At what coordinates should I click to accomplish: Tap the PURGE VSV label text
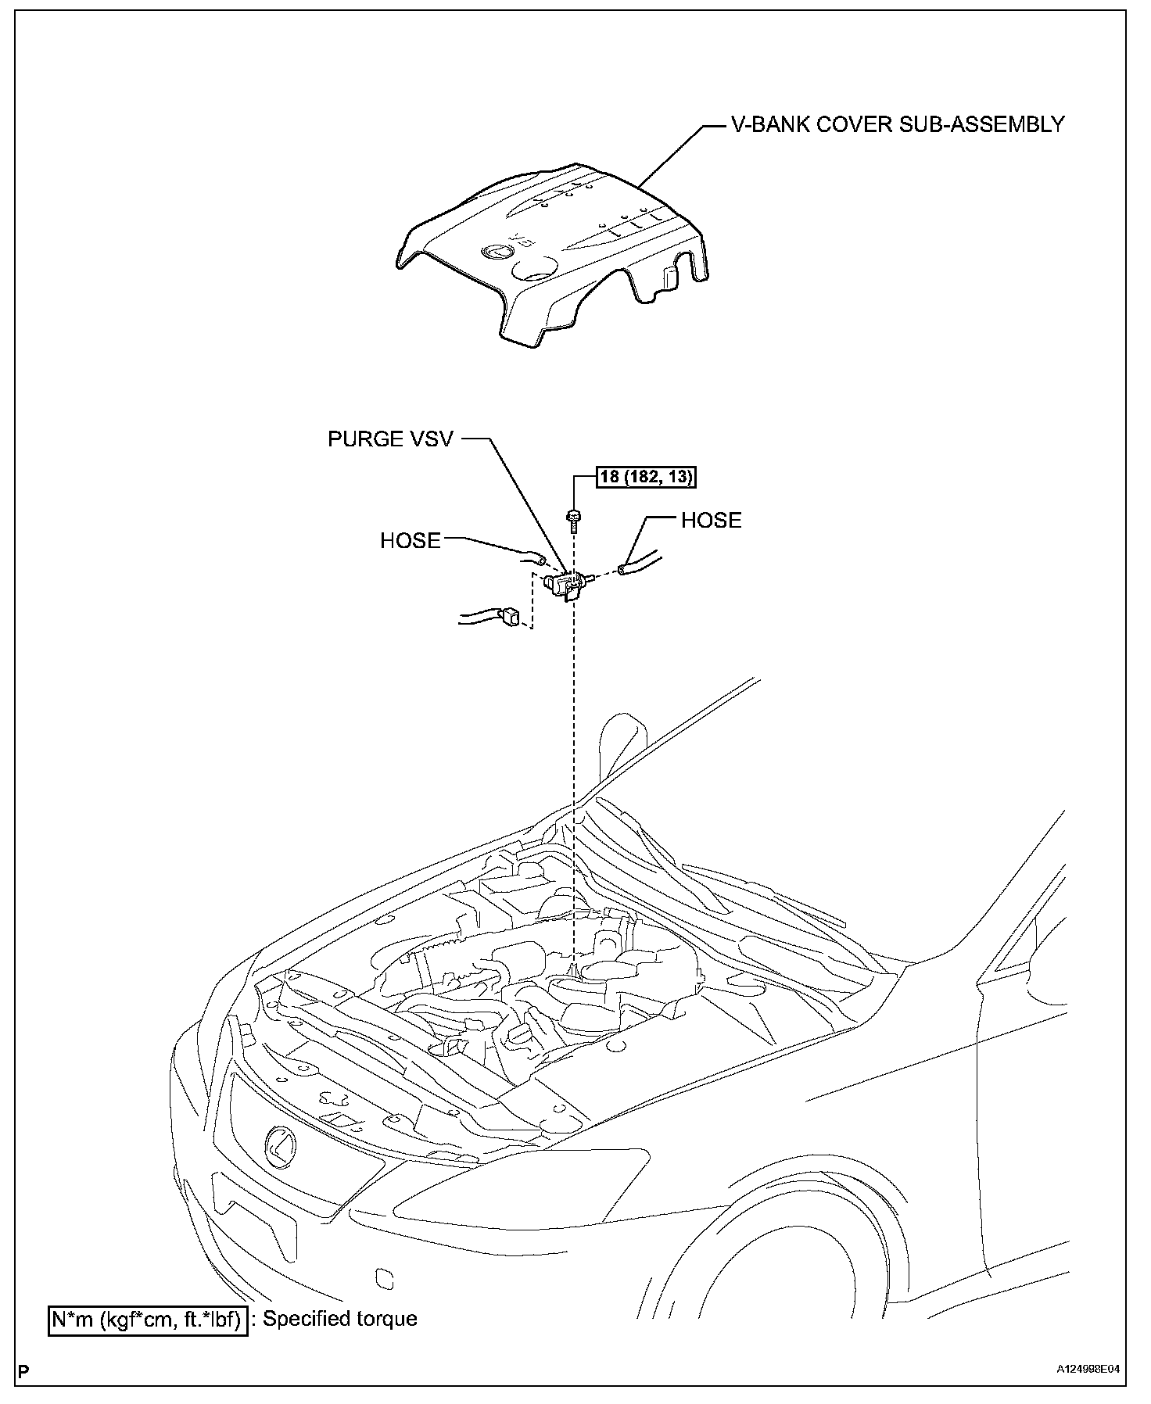pyautogui.click(x=390, y=439)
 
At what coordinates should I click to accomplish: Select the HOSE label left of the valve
pyautogui.click(x=410, y=541)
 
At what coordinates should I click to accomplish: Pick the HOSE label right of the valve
pyautogui.click(x=711, y=521)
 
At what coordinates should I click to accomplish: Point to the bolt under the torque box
pyautogui.click(x=575, y=520)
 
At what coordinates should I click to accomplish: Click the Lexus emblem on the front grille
pyautogui.click(x=278, y=1146)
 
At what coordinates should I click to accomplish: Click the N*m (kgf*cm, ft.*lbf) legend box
pyautogui.click(x=148, y=1320)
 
